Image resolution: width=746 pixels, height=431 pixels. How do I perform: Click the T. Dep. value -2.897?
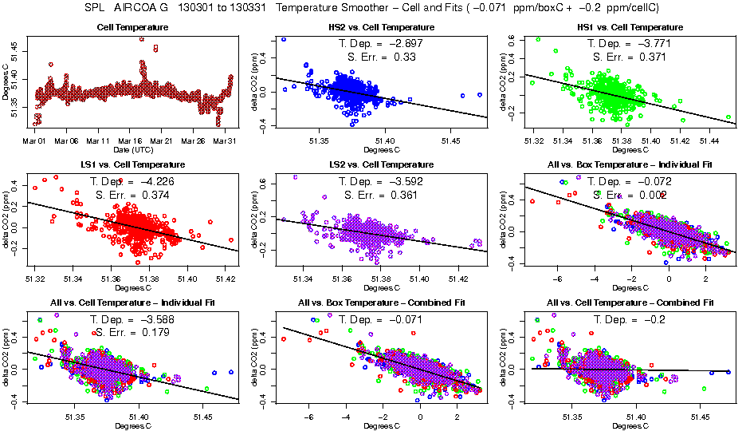point(403,43)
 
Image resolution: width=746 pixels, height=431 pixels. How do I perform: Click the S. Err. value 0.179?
point(156,332)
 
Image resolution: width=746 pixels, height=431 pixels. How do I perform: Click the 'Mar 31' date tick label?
point(226,141)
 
